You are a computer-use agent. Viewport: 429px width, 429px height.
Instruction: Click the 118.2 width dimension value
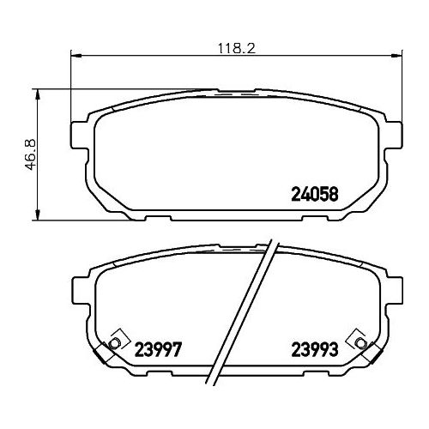(x=236, y=48)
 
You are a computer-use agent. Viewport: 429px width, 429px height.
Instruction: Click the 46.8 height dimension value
(x=31, y=154)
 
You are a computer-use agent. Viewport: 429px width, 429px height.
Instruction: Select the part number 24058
(x=315, y=194)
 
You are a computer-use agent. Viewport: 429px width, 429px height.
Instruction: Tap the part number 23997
(x=158, y=349)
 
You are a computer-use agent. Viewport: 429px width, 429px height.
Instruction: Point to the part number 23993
(x=315, y=349)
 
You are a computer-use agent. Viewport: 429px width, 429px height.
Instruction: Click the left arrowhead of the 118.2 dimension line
(x=76, y=56)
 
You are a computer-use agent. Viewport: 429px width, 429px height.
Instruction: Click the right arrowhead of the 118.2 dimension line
(x=396, y=56)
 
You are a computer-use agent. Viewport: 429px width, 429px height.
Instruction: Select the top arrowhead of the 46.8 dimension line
(x=37, y=94)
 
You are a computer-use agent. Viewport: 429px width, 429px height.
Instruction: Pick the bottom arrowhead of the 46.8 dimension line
(x=37, y=214)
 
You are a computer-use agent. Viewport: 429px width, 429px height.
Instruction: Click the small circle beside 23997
(x=114, y=342)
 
